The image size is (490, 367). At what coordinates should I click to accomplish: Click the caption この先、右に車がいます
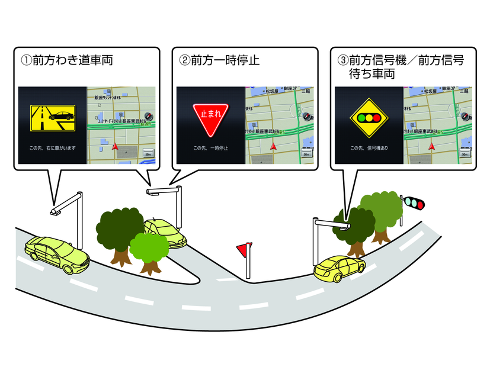53,147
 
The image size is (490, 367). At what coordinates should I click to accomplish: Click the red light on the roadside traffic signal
420,205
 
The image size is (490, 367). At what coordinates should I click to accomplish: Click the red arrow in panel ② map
274,144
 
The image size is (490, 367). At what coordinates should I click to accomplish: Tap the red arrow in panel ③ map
432,144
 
